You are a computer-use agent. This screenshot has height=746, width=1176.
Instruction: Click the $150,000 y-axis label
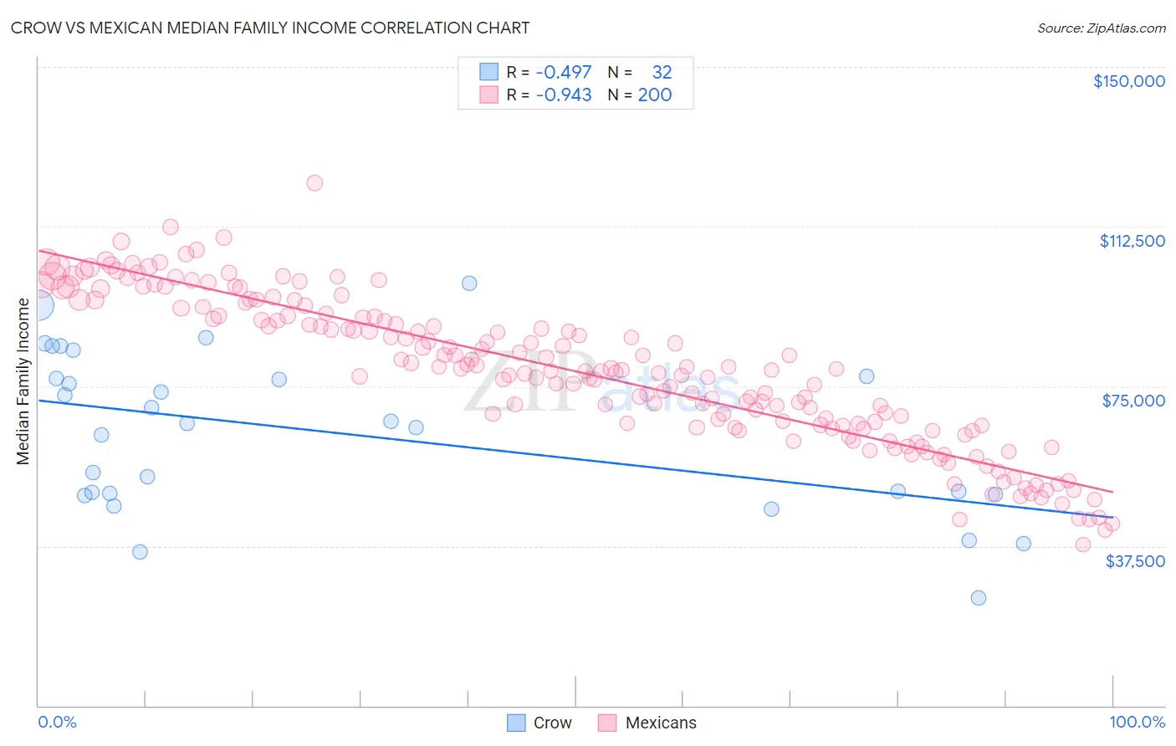coord(1129,81)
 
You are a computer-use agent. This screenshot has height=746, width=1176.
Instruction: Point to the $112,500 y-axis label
coord(1132,241)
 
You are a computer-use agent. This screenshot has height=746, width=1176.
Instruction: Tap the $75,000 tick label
coord(1133,401)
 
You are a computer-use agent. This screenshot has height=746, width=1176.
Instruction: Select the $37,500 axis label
coord(1135,561)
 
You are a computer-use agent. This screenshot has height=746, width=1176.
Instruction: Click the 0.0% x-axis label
coord(57,723)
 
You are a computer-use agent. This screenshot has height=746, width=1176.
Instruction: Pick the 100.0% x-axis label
coord(1138,723)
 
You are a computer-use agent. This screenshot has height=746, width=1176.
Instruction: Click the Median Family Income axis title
coord(23,381)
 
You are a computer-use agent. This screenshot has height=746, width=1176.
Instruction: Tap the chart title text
coord(270,28)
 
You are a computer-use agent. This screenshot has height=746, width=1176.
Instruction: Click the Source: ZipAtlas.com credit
coord(1102,28)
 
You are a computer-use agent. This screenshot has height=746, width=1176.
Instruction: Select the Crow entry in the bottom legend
coord(539,723)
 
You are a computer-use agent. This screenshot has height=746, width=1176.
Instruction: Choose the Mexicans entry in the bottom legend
coord(647,723)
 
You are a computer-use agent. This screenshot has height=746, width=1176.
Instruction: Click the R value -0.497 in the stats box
coord(563,72)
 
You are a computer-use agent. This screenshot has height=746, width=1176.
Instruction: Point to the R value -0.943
coord(563,95)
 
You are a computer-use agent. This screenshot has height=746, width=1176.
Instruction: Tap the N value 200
coord(655,95)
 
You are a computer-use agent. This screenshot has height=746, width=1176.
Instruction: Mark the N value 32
coord(662,72)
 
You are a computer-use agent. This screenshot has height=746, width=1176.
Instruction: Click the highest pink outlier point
coord(314,182)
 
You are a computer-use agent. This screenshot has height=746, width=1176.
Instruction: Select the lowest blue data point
coord(979,598)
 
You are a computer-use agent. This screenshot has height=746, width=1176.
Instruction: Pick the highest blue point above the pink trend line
coord(469,284)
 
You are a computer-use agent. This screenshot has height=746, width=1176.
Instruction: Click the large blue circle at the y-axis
coord(40,306)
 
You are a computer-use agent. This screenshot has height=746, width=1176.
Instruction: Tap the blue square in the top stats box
coord(488,71)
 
